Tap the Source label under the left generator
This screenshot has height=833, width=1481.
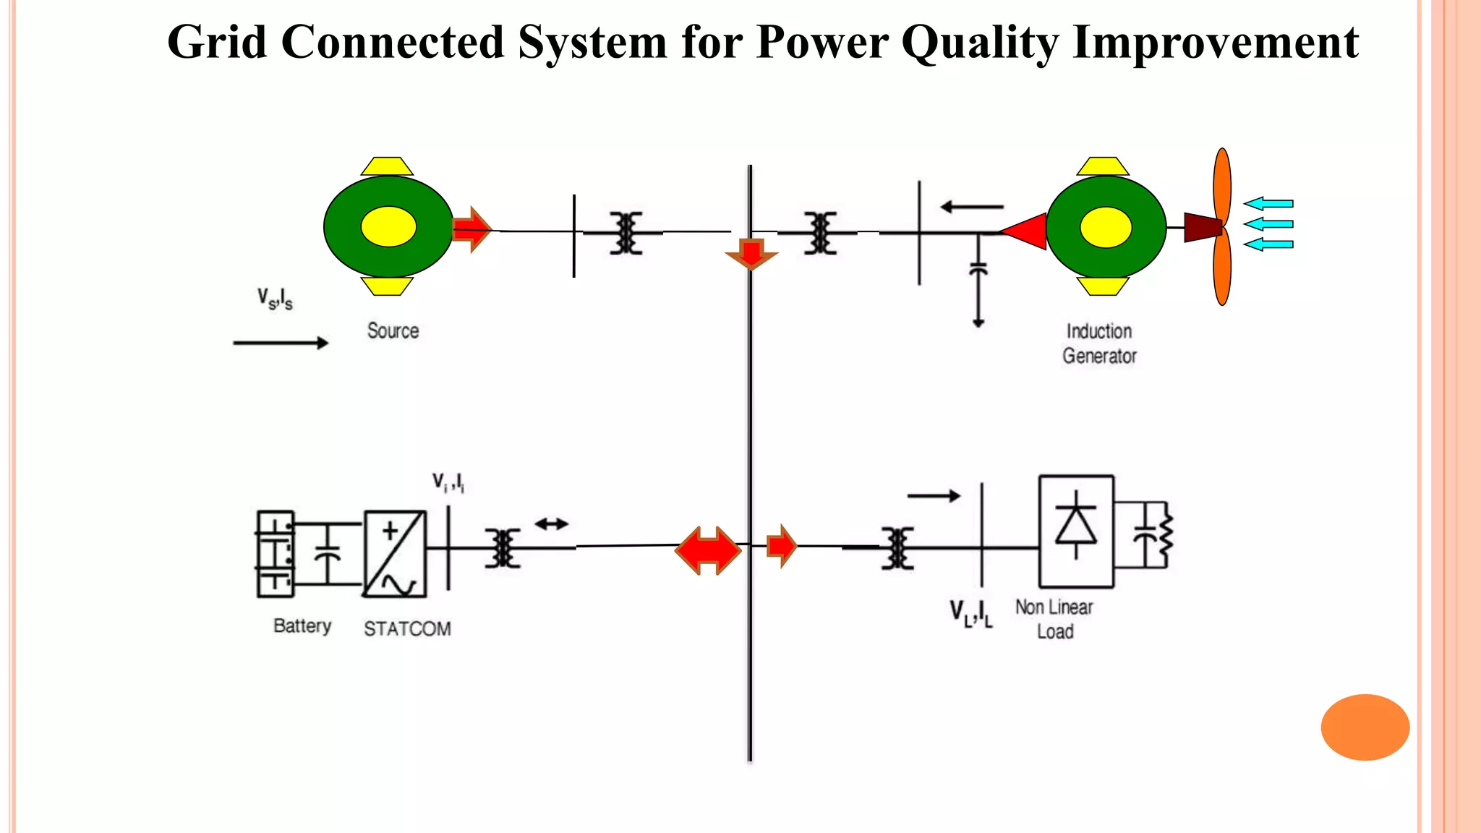coord(393,331)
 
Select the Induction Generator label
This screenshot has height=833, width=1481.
coord(1099,343)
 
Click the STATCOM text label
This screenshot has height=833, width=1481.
coord(407,629)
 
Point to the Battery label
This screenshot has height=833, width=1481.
coord(302,625)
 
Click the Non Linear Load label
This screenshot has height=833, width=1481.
coord(1054,619)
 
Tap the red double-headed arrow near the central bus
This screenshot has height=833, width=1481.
coord(708,550)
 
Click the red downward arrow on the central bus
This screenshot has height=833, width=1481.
coord(751,254)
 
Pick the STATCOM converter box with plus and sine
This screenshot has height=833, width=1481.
coord(394,554)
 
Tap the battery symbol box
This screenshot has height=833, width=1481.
coord(276,554)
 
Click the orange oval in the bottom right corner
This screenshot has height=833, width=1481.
coord(1365,727)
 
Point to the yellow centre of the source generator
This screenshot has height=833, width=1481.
coord(388,227)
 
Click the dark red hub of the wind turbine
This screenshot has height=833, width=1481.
coord(1202,227)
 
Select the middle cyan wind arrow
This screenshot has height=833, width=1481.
coord(1268,224)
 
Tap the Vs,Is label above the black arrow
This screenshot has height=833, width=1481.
coord(275,299)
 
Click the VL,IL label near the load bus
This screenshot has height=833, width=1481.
coord(971,613)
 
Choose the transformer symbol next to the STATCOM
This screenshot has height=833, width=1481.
coord(503,548)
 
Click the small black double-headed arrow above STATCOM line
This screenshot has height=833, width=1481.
coord(551,524)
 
